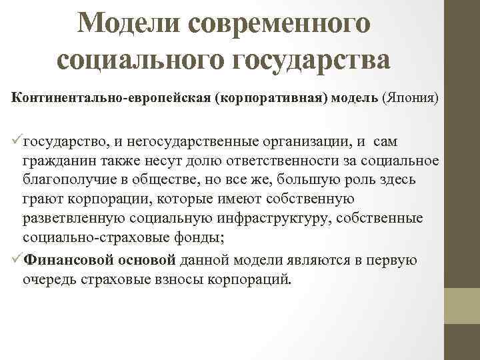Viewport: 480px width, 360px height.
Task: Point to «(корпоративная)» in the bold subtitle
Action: coord(273,99)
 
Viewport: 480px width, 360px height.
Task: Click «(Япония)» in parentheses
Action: coord(410,99)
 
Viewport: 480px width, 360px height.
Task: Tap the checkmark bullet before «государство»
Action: coord(16,141)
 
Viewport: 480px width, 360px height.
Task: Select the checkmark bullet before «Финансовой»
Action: coord(16,260)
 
